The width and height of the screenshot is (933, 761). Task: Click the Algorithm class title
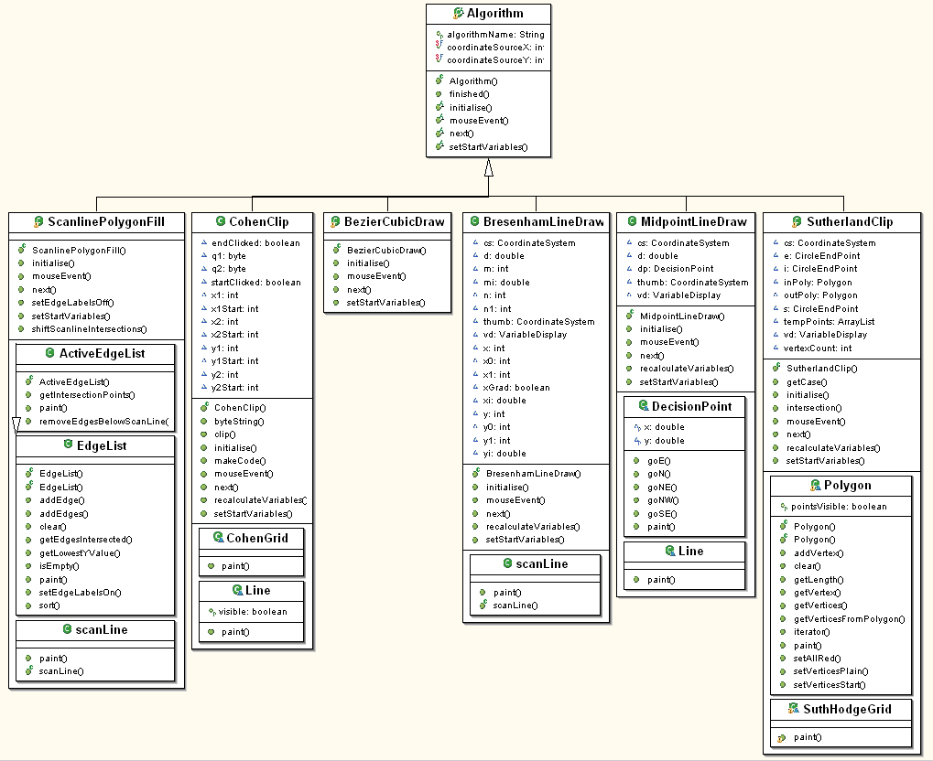coord(495,13)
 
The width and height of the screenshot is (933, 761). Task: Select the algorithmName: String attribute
coord(495,35)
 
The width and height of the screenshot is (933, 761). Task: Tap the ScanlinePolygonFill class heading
coord(106,221)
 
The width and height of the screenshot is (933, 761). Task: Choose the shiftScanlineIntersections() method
coord(89,328)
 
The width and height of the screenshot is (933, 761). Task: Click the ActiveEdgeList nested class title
coord(102,354)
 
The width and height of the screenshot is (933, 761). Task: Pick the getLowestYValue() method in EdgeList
coord(80,552)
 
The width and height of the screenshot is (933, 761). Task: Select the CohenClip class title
coord(259,221)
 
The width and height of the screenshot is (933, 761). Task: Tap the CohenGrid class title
coord(257,538)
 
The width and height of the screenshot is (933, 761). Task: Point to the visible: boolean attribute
coord(253,611)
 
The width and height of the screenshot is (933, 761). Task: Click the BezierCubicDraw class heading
coord(395,221)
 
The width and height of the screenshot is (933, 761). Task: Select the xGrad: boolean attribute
coord(516,387)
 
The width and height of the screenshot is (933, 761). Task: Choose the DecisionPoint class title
coord(691,407)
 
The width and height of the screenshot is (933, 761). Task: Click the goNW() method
coord(663,500)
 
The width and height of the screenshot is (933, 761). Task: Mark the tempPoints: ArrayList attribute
coord(829,322)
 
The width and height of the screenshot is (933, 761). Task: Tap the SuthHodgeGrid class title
coord(847,709)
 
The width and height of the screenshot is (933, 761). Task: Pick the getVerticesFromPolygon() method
coord(849,619)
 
